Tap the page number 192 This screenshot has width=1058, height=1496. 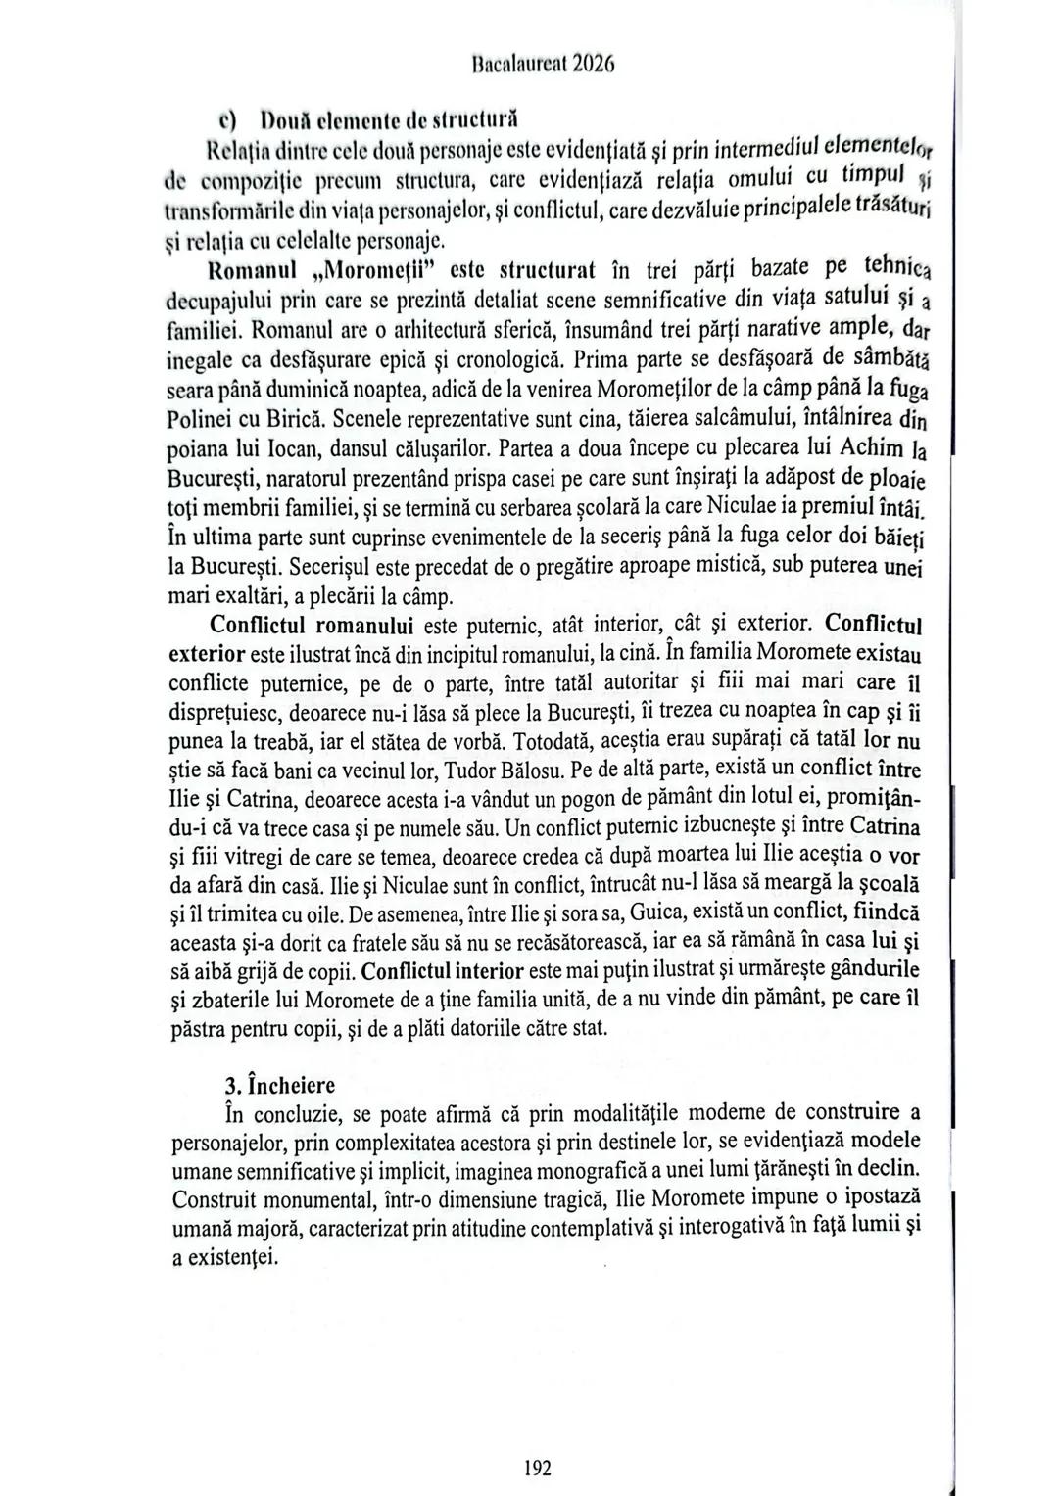[538, 1467]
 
